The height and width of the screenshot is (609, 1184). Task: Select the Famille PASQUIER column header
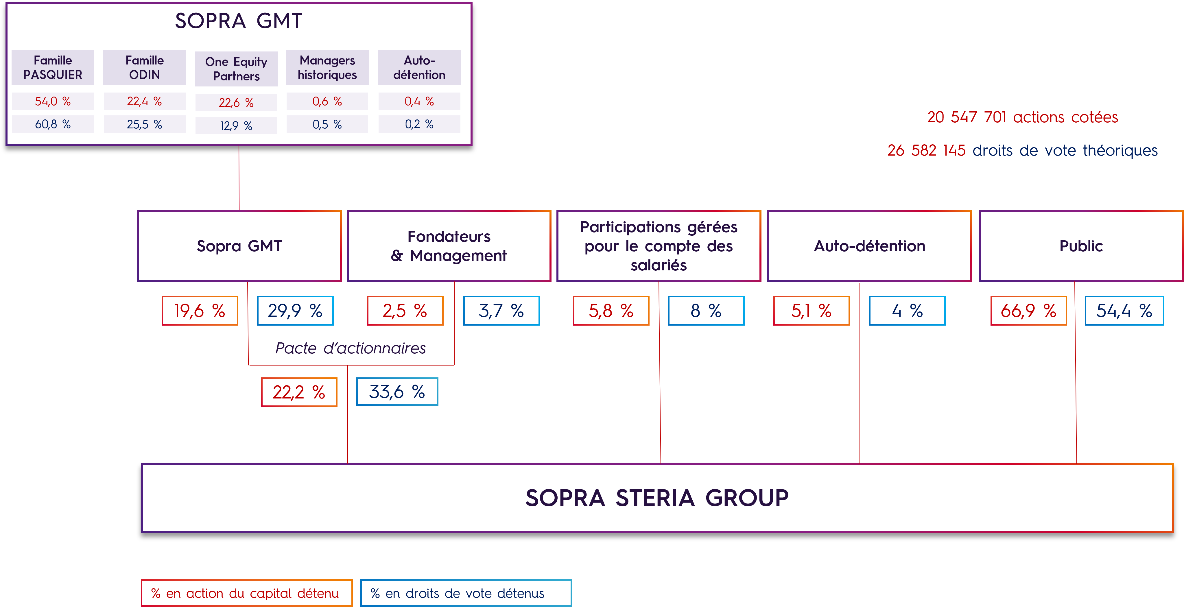[x=53, y=68]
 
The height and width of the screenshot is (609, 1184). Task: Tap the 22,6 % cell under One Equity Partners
[x=236, y=102]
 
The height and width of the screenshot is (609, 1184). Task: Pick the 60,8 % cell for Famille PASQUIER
[x=53, y=124]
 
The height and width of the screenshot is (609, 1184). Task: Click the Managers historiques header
[x=327, y=68]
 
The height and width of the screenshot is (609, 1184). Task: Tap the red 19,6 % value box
[x=200, y=311]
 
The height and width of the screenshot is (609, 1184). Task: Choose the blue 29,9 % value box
[x=295, y=311]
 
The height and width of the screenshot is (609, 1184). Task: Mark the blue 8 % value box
[x=706, y=311]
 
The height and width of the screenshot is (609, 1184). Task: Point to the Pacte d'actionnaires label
[x=351, y=348]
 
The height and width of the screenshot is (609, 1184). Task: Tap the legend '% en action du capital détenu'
[x=246, y=593]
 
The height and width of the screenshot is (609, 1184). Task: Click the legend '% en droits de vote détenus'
[x=466, y=593]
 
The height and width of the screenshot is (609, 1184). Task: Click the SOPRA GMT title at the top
[x=239, y=21]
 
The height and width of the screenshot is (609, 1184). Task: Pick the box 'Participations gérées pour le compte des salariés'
[x=659, y=246]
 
